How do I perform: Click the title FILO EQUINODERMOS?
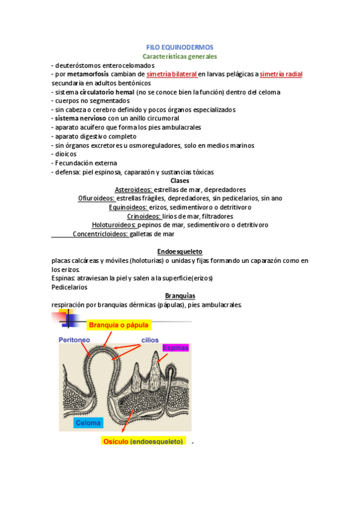[x=180, y=47]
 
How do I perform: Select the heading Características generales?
[x=180, y=56]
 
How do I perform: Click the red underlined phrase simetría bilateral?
[x=172, y=74]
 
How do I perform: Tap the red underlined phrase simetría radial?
[x=281, y=74]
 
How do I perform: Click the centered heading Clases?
[x=180, y=180]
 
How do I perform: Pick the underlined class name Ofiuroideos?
[x=96, y=198]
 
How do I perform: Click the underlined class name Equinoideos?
[x=128, y=207]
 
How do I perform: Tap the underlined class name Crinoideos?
[x=144, y=216]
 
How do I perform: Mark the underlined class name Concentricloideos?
[x=100, y=234]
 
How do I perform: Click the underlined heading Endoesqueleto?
[x=180, y=251]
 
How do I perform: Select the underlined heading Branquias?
[x=180, y=295]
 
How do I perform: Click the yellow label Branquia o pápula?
[x=118, y=325]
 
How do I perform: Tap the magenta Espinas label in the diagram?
[x=175, y=348]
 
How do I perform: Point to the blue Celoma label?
[x=87, y=423]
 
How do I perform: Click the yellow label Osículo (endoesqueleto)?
[x=144, y=442]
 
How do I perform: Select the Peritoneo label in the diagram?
[x=75, y=340]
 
